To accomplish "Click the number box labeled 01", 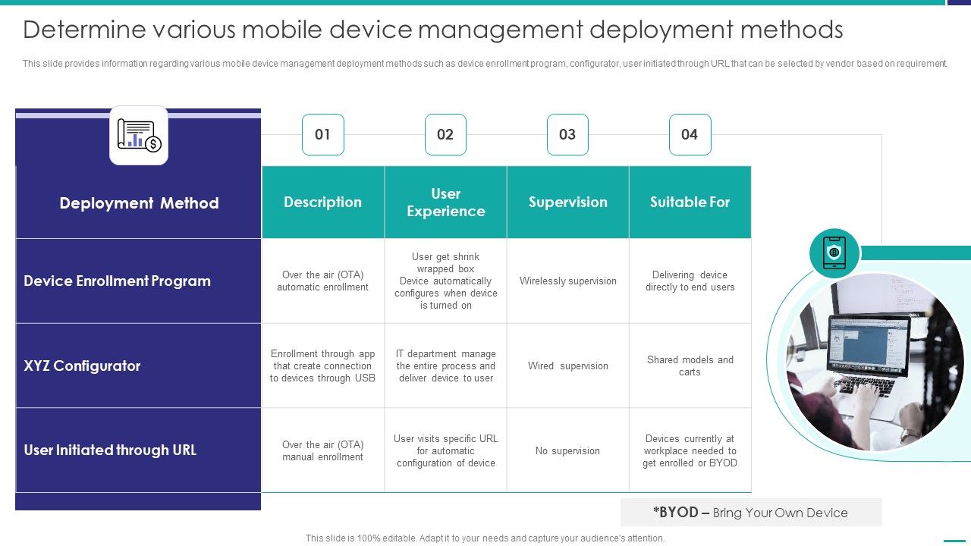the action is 323,134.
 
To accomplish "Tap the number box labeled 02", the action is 445,134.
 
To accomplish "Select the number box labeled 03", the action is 567,134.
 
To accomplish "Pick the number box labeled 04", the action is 690,134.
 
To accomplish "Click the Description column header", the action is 323,202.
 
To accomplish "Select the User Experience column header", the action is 446,202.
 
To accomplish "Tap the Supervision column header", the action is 568,202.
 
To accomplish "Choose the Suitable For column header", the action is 690,202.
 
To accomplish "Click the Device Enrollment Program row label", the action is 118,281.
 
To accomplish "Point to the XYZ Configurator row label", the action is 83,366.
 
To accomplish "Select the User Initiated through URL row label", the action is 110,450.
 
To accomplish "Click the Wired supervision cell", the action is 568,366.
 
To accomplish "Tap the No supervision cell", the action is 567,451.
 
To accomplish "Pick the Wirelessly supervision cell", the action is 568,281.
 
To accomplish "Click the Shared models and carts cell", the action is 690,366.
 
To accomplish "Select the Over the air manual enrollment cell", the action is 323,451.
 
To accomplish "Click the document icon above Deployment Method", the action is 139,135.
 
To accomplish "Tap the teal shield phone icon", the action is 834,253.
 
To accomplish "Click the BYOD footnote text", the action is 750,513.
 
